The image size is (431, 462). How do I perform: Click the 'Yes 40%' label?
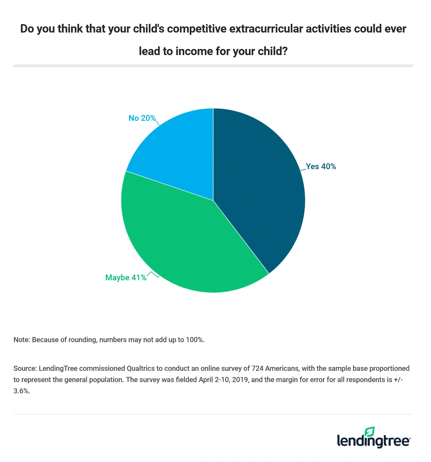[x=321, y=167]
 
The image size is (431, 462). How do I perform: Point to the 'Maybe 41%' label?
[x=126, y=278]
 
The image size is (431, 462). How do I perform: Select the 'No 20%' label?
[x=142, y=118]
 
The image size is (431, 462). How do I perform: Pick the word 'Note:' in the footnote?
[x=22, y=340]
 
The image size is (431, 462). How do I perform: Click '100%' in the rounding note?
[x=195, y=340]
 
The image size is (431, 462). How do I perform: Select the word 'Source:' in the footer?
[x=25, y=368]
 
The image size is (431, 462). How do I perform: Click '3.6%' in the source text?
[x=22, y=391]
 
